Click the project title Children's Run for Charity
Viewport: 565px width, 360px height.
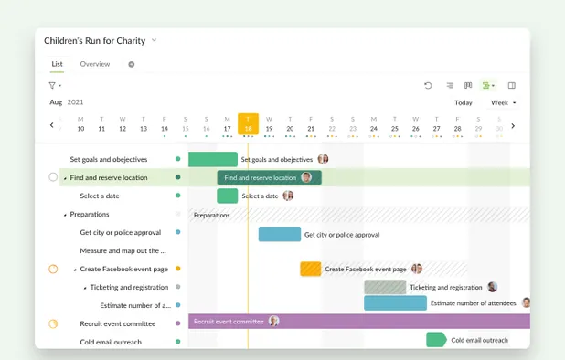(95, 40)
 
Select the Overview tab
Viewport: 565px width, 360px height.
(95, 64)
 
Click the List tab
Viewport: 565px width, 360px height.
(57, 64)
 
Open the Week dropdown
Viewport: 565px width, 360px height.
(503, 102)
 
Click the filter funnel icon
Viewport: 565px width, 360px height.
(52, 85)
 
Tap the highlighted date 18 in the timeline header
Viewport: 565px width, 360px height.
(248, 124)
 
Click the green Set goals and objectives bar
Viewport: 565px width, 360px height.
(212, 159)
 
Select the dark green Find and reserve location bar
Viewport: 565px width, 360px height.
(261, 177)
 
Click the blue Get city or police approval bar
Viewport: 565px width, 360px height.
(279, 234)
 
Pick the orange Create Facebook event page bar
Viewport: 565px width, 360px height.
(311, 269)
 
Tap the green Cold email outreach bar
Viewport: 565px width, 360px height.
(436, 340)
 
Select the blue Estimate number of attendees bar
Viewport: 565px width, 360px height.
(395, 303)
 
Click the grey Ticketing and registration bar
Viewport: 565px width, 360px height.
(384, 287)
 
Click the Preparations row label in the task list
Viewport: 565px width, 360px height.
(90, 214)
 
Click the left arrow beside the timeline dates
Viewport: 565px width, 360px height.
(52, 125)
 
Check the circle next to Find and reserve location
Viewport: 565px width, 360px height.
(53, 177)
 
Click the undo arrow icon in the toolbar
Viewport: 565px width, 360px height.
(428, 85)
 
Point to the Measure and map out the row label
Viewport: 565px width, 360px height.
(123, 250)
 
